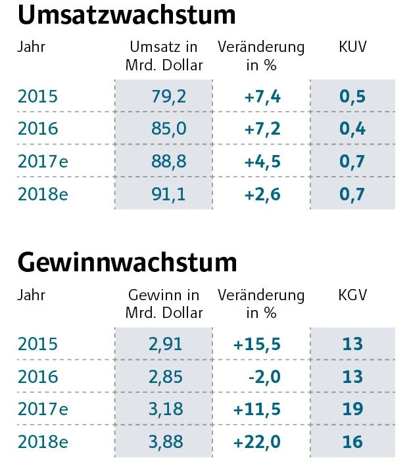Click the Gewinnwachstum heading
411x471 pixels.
click(x=127, y=262)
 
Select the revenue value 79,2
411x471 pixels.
click(x=169, y=97)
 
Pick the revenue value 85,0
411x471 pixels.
click(x=169, y=128)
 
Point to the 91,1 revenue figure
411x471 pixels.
click(x=169, y=194)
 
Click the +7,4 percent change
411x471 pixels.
click(x=262, y=97)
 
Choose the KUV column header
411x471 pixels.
click(x=352, y=47)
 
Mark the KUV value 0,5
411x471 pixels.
click(x=352, y=97)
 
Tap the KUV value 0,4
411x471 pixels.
click(x=352, y=128)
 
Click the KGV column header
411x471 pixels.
click(x=352, y=295)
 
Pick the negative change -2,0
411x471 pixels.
click(x=266, y=376)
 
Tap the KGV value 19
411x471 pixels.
click(x=352, y=409)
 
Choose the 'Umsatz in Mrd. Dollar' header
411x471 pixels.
click(x=164, y=56)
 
